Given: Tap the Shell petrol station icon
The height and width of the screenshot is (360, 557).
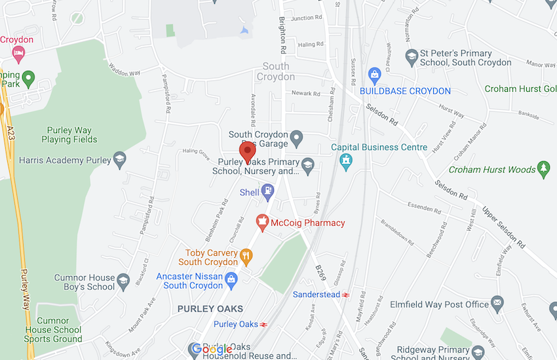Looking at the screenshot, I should coord(267,191).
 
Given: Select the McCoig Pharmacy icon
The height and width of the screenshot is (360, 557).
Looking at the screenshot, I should coord(262,223).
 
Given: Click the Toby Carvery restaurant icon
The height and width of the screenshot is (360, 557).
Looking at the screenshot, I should coord(246,256).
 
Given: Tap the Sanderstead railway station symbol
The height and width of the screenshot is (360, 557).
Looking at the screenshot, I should coord(345,295).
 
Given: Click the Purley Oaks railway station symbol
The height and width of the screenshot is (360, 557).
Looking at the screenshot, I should coord(263,325).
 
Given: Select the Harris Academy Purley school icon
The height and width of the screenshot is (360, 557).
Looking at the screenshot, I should coord(119,160).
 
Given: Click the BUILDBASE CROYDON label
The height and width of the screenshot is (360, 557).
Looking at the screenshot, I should coord(413,90).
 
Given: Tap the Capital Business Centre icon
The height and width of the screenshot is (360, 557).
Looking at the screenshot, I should coord(345,160).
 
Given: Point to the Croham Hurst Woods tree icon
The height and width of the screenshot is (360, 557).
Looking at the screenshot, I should coord(543,169).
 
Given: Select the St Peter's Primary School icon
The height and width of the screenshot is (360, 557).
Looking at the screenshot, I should coord(412,57).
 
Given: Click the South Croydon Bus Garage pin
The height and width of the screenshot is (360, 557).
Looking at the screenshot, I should coord(297,139).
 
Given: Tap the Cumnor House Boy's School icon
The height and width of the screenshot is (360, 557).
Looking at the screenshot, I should coord(123,282).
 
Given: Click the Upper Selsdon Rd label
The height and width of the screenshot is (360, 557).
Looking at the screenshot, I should coord(503,228).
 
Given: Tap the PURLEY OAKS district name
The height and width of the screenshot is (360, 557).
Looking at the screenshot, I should coord(210,308).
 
